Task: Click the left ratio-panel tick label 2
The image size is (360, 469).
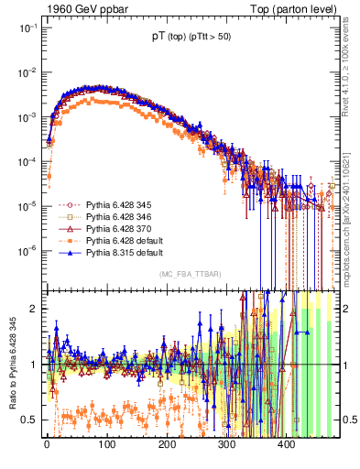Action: coord(33,309)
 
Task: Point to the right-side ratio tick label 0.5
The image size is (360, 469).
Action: coord(348,420)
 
